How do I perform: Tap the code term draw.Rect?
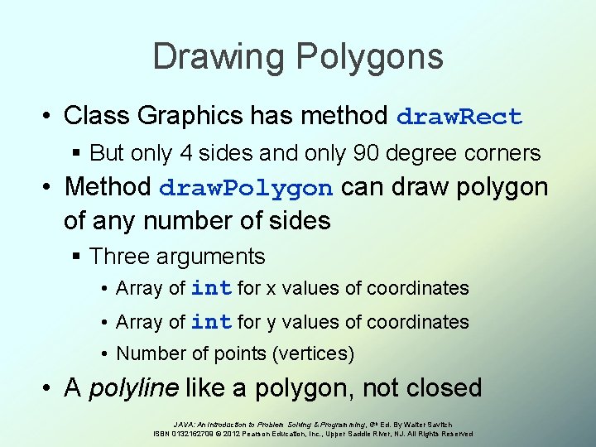click(459, 117)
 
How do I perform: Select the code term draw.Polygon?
click(246, 188)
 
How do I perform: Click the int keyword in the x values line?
click(210, 289)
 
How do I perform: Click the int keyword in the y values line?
click(210, 322)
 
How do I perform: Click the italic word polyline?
click(134, 387)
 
